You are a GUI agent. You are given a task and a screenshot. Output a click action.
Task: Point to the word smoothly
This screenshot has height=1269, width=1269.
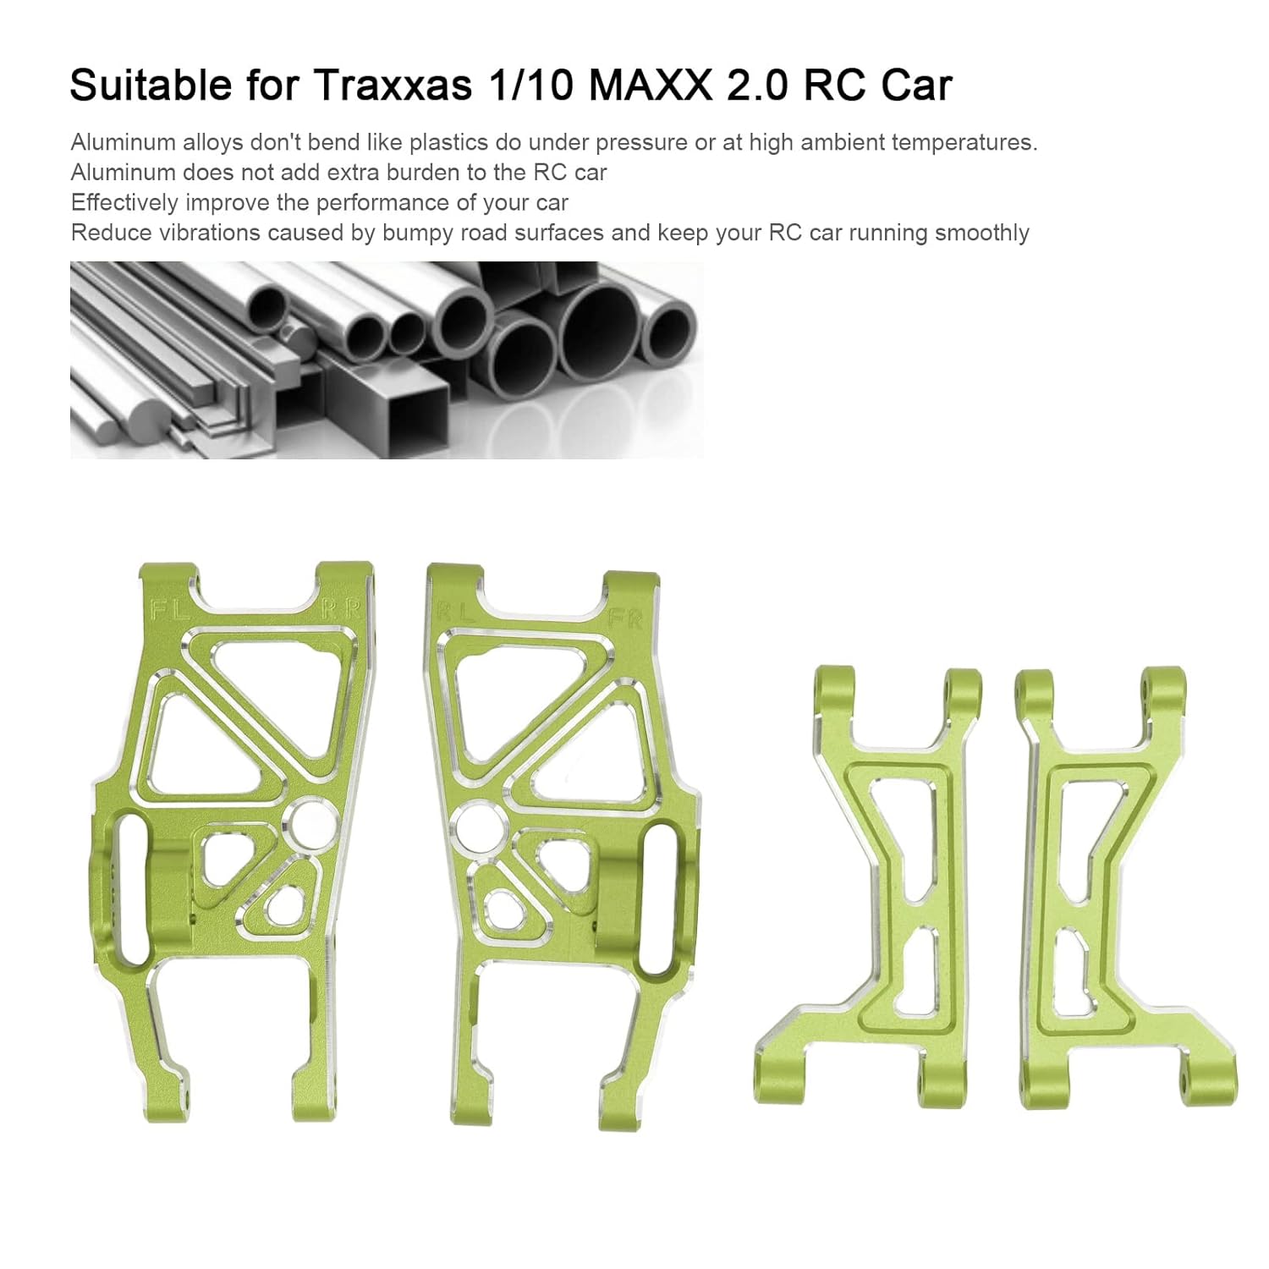(981, 233)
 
